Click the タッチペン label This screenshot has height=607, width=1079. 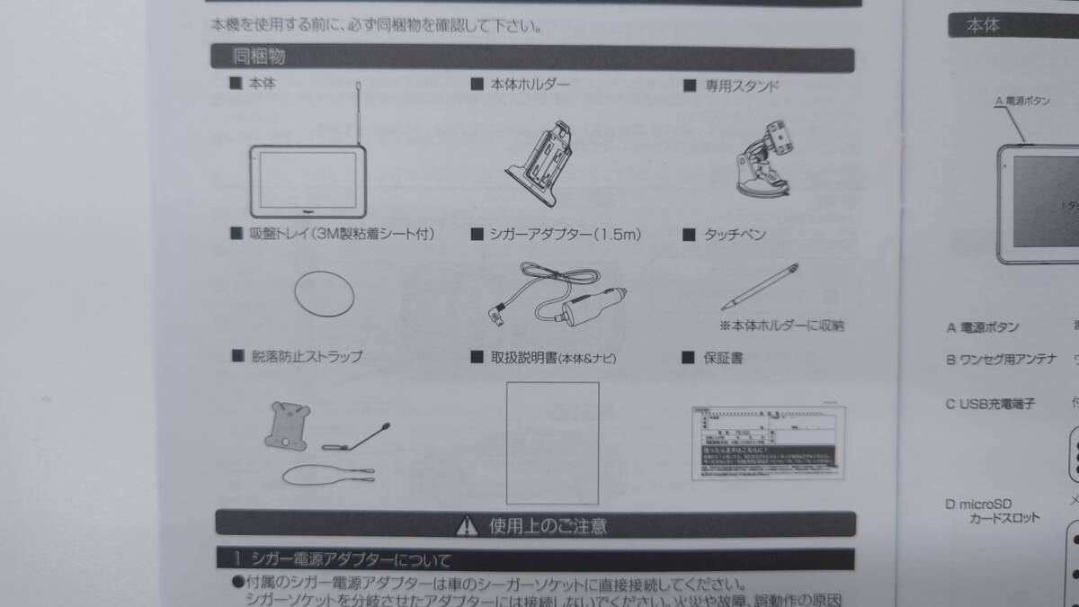point(735,236)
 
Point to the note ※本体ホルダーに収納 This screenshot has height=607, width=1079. point(781,325)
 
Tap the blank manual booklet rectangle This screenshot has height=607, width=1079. point(552,442)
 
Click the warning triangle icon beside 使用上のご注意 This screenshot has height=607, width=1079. point(467,524)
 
